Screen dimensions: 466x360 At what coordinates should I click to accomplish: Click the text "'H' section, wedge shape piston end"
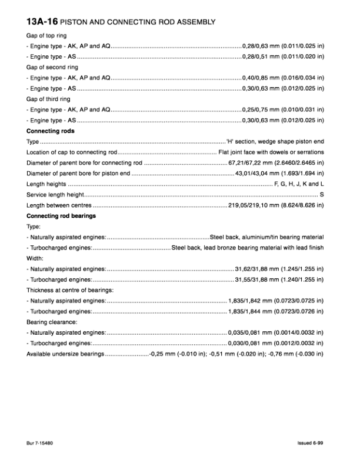pos(275,142)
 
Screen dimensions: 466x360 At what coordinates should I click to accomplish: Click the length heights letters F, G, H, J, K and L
pos(299,184)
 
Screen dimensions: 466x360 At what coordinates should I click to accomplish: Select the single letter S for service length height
pos(321,194)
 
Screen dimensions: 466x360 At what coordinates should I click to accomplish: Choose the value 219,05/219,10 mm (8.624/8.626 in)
pos(276,205)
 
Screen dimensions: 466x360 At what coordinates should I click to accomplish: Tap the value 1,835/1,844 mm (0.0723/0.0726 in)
pos(276,311)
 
